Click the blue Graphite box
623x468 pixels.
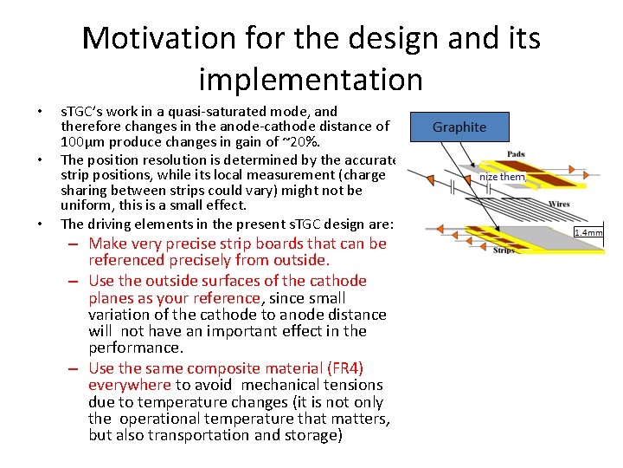pos(459,127)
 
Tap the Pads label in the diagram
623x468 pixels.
pos(516,154)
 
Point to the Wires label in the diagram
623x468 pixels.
pos(559,205)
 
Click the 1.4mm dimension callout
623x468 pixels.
pos(588,232)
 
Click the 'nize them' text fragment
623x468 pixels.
pos(502,177)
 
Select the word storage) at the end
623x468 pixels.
pos(312,435)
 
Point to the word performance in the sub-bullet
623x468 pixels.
pos(136,348)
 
